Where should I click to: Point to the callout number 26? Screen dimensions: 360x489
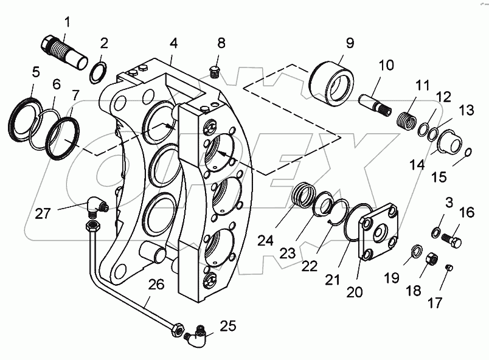pyautogui.click(x=157, y=284)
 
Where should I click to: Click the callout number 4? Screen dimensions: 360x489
pyautogui.click(x=174, y=43)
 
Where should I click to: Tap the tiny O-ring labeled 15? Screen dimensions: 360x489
pyautogui.click(x=468, y=153)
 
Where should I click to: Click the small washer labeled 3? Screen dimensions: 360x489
pyautogui.click(x=436, y=232)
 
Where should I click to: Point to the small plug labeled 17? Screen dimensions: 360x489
pyautogui.click(x=450, y=268)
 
